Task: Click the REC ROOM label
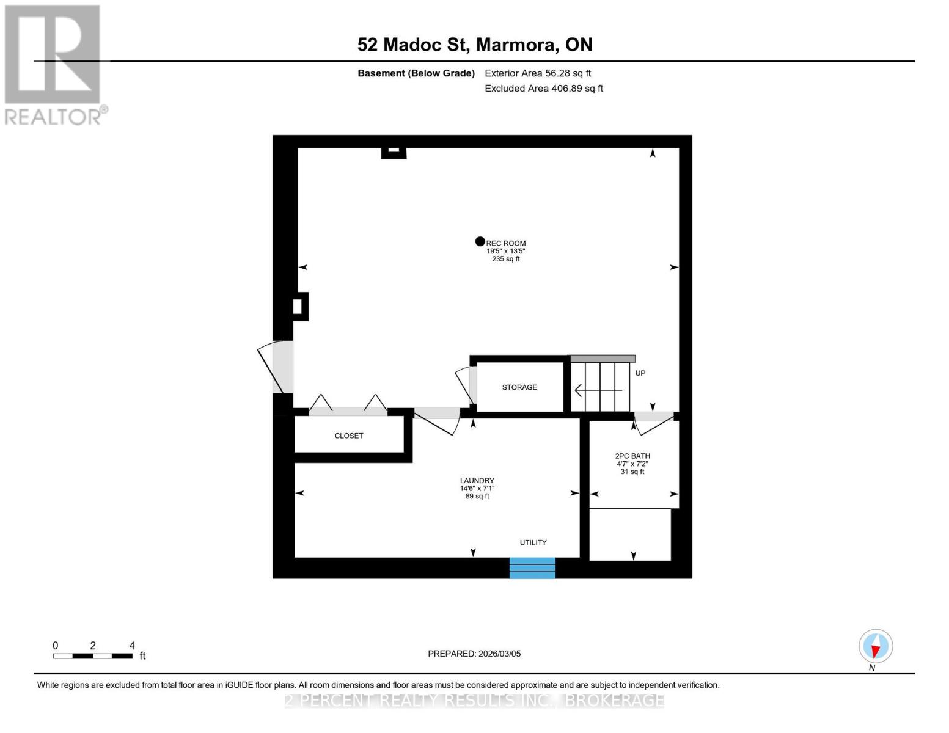click(506, 243)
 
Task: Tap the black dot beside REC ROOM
click(480, 241)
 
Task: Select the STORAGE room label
click(519, 387)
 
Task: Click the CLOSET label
click(349, 436)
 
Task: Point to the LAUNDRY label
click(477, 481)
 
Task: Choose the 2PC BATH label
click(632, 456)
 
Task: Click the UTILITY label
click(533, 542)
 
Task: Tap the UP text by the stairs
click(640, 373)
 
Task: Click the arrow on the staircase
click(598, 389)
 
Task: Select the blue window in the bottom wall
click(532, 567)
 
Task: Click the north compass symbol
click(876, 647)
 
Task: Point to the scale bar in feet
click(93, 656)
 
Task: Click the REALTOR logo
click(53, 64)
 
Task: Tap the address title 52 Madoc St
click(475, 45)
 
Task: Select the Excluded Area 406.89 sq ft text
click(544, 89)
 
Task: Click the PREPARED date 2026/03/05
click(474, 654)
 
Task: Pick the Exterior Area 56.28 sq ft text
click(538, 73)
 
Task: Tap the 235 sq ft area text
click(506, 259)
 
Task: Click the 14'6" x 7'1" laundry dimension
click(477, 489)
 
